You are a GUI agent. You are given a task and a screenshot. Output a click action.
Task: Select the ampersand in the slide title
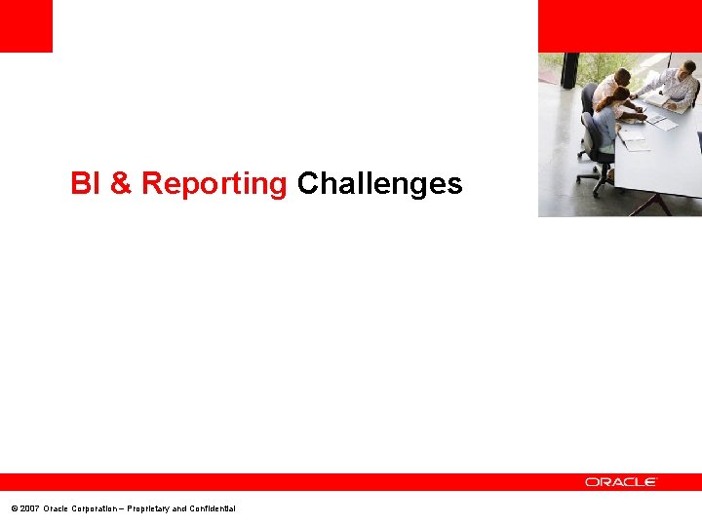(x=121, y=183)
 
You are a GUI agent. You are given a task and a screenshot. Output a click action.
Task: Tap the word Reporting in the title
(x=214, y=183)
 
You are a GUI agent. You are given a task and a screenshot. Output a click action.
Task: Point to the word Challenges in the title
(x=379, y=183)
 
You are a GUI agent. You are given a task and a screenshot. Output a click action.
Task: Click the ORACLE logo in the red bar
(x=621, y=482)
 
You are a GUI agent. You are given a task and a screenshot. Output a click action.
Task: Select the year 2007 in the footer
(x=29, y=508)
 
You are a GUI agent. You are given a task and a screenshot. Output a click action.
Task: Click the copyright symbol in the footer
(x=13, y=508)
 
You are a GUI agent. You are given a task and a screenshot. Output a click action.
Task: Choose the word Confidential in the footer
(x=214, y=508)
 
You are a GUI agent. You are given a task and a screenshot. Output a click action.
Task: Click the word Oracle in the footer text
(x=58, y=508)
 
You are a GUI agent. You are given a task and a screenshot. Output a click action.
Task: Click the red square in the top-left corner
(x=25, y=25)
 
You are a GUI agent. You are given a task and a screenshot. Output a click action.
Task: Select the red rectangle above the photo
(x=619, y=25)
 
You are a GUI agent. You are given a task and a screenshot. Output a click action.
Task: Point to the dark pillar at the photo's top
(x=569, y=70)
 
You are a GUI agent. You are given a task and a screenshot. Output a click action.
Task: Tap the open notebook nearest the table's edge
(x=632, y=139)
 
